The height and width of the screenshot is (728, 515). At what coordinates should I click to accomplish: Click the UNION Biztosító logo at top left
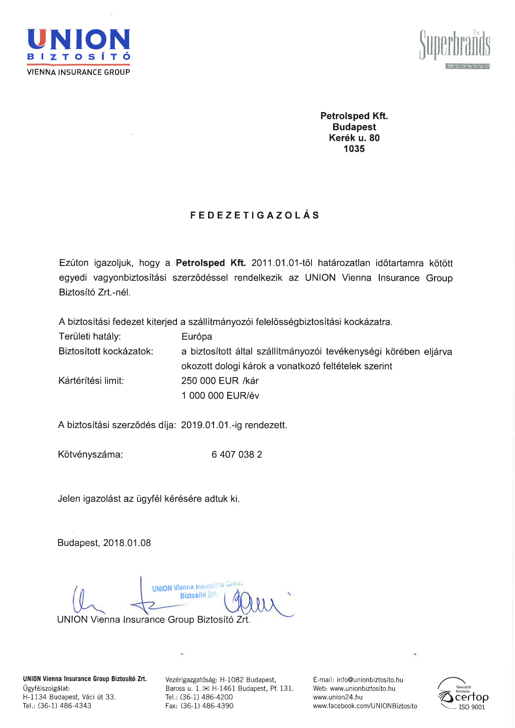pyautogui.click(x=78, y=52)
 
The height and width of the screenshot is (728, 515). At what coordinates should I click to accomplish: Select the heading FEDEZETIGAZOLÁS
pyautogui.click(x=255, y=215)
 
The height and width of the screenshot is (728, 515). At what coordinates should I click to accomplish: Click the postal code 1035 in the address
pyautogui.click(x=354, y=149)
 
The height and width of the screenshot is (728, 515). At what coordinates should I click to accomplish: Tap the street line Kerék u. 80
pyautogui.click(x=354, y=138)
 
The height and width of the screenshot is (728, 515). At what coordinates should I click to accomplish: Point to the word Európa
pyautogui.click(x=196, y=336)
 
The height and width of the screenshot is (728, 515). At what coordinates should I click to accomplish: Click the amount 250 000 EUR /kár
pyautogui.click(x=220, y=381)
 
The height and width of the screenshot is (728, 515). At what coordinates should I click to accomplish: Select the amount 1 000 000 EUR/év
pyautogui.click(x=220, y=395)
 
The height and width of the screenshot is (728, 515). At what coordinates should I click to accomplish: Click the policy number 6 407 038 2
pyautogui.click(x=237, y=454)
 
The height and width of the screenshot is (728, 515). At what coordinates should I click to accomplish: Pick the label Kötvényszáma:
pyautogui.click(x=90, y=454)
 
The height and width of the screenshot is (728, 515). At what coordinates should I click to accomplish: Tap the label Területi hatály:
pyautogui.click(x=90, y=336)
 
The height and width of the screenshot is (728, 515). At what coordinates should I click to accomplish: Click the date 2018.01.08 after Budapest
pyautogui.click(x=127, y=543)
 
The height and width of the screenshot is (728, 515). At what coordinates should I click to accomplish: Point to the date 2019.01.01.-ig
pyautogui.click(x=211, y=425)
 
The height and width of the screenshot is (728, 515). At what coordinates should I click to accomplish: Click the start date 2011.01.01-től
pyautogui.click(x=282, y=263)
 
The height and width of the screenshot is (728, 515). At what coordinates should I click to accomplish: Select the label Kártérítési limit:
pyautogui.click(x=91, y=381)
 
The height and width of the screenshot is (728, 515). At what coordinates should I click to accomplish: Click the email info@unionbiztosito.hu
pyautogui.click(x=370, y=680)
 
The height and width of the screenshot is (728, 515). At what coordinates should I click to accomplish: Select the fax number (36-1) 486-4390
pyautogui.click(x=207, y=706)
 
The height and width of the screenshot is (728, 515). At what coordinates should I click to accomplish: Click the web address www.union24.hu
pyautogui.click(x=338, y=697)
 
